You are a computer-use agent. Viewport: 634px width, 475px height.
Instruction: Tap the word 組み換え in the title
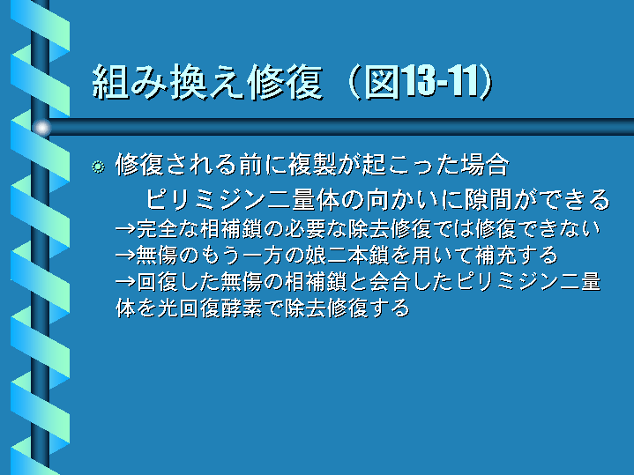point(168,83)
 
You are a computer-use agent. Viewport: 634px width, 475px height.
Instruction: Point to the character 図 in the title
point(382,82)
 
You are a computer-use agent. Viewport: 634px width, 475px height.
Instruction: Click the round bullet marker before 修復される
point(98,167)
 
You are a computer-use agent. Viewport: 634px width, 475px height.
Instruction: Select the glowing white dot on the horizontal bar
point(41,128)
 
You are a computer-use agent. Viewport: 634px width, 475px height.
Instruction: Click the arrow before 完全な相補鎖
point(125,229)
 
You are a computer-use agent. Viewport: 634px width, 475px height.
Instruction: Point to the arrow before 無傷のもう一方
point(125,256)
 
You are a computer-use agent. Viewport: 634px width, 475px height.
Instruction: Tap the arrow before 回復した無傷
point(125,282)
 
